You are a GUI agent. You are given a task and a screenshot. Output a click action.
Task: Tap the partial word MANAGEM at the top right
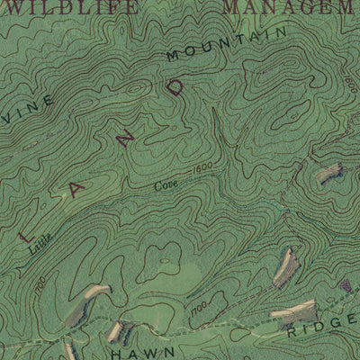click(288, 7)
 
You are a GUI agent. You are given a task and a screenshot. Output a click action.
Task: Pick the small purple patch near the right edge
click(346, 285)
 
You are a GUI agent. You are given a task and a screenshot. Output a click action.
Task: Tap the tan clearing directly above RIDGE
click(294, 311)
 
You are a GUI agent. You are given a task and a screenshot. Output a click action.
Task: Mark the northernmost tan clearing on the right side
click(329, 174)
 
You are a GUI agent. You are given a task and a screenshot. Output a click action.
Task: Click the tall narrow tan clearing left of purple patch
click(286, 264)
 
